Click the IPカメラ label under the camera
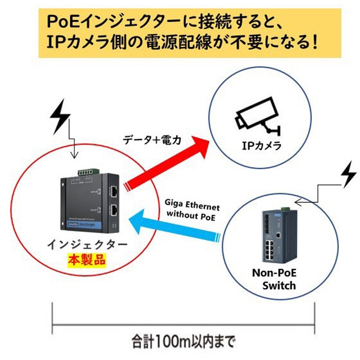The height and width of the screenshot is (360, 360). click(261, 145)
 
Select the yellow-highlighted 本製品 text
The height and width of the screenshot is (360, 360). click(86, 259)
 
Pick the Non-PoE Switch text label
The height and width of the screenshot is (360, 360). click(274, 279)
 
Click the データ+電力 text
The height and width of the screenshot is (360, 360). click(152, 140)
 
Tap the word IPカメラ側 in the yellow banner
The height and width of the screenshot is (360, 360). click(83, 44)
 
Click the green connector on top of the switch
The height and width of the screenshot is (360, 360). click(284, 208)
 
